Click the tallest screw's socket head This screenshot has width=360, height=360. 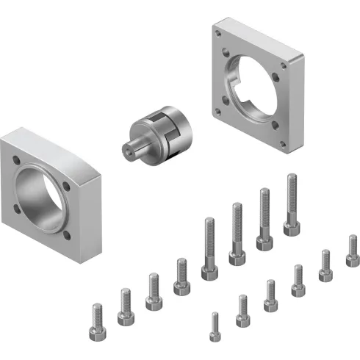[292, 228]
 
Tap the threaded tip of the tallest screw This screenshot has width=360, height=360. [292, 177]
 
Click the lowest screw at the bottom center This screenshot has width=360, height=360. [215, 336]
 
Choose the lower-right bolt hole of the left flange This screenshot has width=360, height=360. [68, 235]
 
